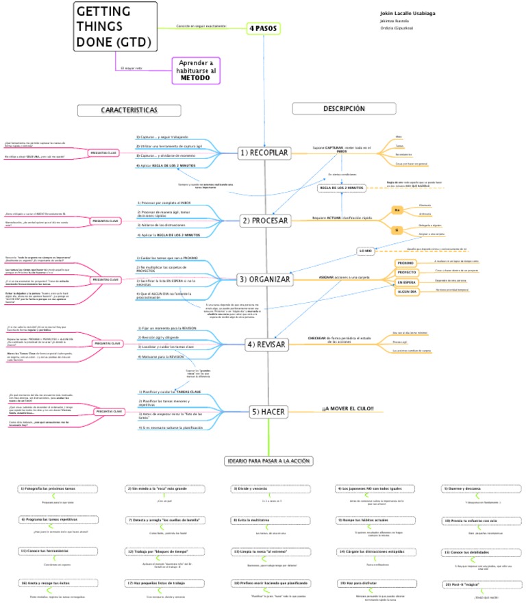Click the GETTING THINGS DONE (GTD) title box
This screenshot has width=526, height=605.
[112, 27]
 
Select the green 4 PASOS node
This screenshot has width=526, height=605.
[264, 28]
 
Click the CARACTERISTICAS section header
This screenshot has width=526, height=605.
[129, 110]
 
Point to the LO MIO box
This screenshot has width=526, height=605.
[366, 251]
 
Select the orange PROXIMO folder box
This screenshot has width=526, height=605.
[406, 263]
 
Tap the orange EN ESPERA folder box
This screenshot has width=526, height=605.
[406, 282]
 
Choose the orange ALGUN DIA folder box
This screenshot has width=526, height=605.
[406, 291]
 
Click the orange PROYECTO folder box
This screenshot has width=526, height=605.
[406, 273]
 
